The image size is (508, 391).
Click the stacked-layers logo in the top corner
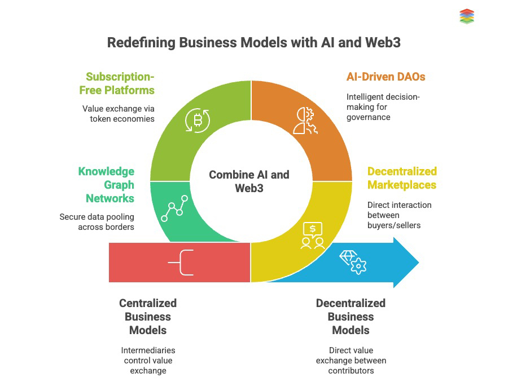pyautogui.click(x=467, y=16)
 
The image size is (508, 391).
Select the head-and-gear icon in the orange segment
pyautogui.click(x=305, y=120)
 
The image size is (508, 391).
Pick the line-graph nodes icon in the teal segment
pyautogui.click(x=173, y=208)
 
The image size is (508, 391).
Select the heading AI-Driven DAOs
pyautogui.click(x=386, y=77)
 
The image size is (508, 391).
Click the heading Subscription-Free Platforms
pyautogui.click(x=120, y=83)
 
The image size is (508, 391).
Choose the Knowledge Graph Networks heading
pyautogui.click(x=106, y=185)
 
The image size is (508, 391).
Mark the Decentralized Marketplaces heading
pyautogui.click(x=402, y=178)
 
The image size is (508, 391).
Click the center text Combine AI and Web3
pyautogui.click(x=249, y=181)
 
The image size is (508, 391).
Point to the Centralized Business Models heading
pyautogui.click(x=148, y=317)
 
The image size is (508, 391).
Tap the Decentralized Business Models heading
pyautogui.click(x=351, y=317)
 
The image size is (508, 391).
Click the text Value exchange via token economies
pyautogui.click(x=118, y=113)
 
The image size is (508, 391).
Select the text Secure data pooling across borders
pyautogui.click(x=97, y=221)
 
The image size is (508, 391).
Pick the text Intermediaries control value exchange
pyautogui.click(x=148, y=360)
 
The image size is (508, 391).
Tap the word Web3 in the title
pyautogui.click(x=382, y=43)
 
